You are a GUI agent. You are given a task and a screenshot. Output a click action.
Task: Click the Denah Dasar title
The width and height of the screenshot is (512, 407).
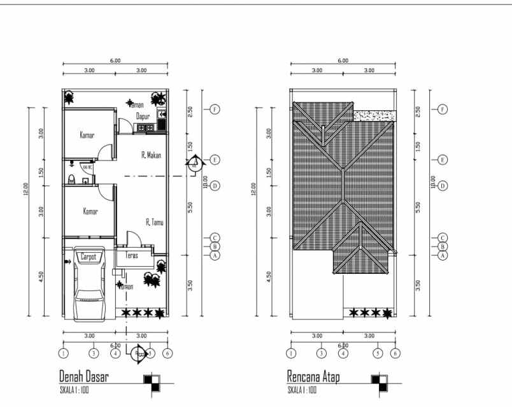(x=83, y=377)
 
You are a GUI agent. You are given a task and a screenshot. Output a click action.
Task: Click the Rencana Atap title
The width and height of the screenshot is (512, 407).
(x=313, y=377)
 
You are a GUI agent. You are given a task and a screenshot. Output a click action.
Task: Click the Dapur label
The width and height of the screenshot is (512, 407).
(x=143, y=116)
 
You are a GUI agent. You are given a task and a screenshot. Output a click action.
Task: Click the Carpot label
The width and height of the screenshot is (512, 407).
(x=88, y=257)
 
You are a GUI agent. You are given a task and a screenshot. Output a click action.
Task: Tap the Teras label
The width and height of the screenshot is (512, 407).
(x=132, y=255)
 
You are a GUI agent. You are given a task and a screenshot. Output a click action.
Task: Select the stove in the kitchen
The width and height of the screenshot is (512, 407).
(x=145, y=127)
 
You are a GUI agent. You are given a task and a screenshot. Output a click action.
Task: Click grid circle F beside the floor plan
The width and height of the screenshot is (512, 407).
(x=215, y=110)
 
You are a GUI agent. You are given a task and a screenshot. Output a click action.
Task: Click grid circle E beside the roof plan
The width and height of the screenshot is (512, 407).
(x=442, y=159)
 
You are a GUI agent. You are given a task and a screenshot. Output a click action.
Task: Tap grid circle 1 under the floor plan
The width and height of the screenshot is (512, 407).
(x=63, y=353)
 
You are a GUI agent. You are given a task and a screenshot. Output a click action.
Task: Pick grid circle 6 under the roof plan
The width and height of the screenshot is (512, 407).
(x=395, y=353)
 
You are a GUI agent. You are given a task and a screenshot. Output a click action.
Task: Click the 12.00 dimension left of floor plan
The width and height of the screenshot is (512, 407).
(x=26, y=189)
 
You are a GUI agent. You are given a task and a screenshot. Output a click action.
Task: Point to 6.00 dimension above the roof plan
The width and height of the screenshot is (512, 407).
(x=343, y=61)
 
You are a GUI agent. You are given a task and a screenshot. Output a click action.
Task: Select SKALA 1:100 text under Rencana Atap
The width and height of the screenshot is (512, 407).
(x=302, y=389)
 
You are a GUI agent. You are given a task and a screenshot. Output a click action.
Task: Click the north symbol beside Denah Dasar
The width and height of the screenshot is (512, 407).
(x=153, y=382)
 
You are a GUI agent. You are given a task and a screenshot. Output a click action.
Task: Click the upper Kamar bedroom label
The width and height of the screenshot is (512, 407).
(x=87, y=135)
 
